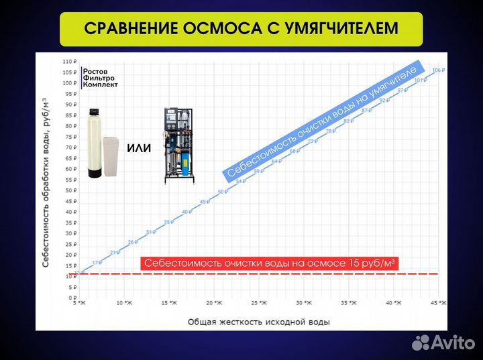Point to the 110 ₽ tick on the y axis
[x=69, y=62]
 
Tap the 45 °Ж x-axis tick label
[x=439, y=304]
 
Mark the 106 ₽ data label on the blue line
[x=437, y=70]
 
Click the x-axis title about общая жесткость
[x=258, y=322]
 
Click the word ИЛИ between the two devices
[x=139, y=147]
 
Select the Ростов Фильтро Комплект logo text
[x=99, y=77]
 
